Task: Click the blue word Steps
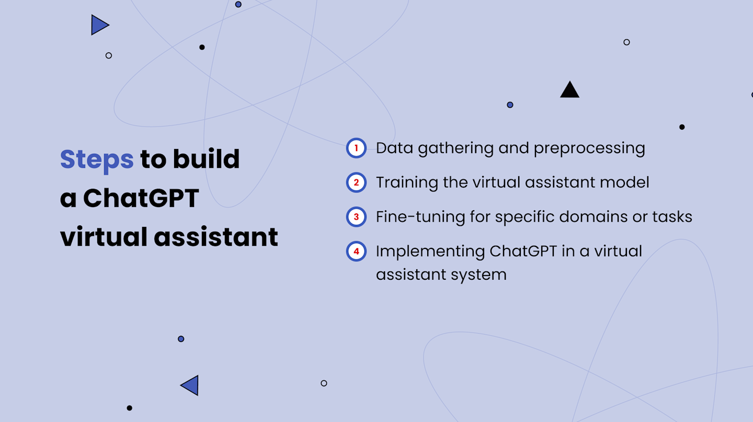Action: tap(97, 159)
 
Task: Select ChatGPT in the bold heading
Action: tap(141, 198)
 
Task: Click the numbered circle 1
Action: tap(356, 148)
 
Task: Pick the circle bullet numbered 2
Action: tap(356, 183)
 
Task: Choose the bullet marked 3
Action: tap(356, 216)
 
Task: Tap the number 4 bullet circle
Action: tap(356, 251)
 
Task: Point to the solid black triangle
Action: tap(569, 90)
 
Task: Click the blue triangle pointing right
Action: tap(98, 25)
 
